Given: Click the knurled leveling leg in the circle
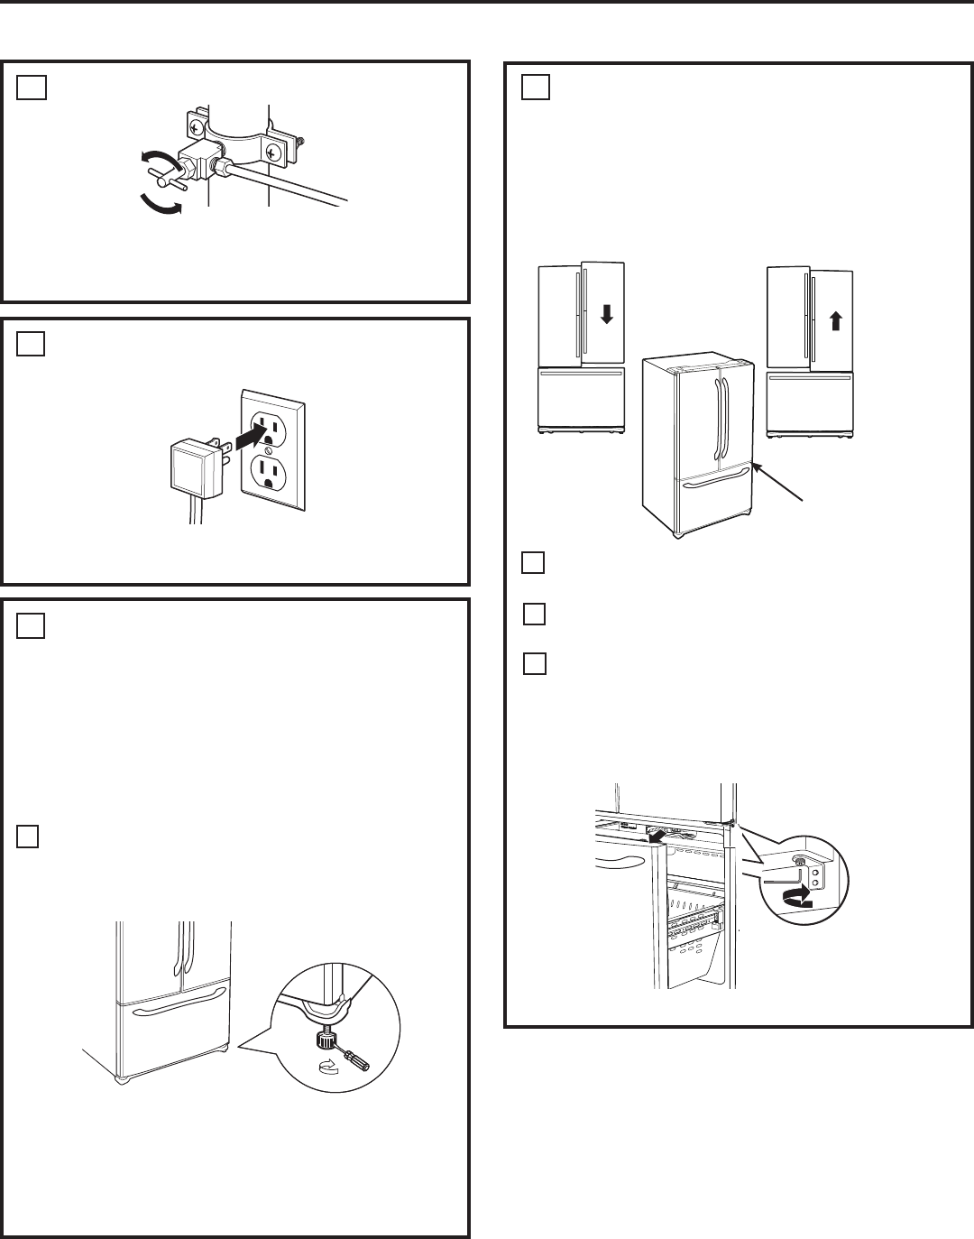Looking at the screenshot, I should tap(323, 1040).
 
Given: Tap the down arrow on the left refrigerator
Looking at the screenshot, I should tap(606, 314).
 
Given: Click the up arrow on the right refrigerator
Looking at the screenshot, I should tap(836, 320).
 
